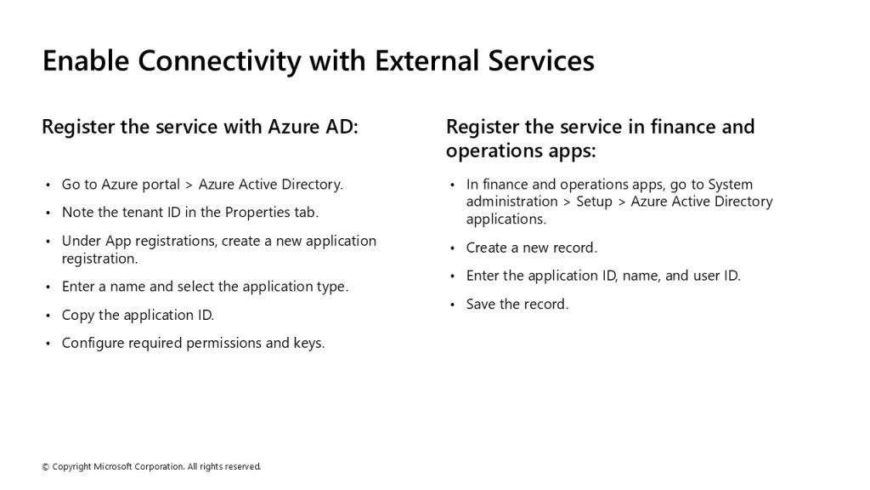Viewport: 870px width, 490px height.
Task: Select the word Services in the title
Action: [541, 60]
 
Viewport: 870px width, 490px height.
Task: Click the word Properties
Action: [257, 213]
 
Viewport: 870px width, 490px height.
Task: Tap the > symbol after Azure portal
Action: [189, 185]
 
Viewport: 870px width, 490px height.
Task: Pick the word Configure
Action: [93, 344]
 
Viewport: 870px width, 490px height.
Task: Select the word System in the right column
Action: [730, 185]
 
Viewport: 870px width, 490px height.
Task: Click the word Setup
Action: [594, 202]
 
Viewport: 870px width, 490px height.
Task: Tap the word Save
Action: [481, 304]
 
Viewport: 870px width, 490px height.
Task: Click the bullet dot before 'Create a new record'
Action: [453, 248]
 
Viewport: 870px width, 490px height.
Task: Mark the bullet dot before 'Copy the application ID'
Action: [48, 316]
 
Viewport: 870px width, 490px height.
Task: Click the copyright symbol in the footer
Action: [46, 467]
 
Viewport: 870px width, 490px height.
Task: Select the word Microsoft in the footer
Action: [113, 467]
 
